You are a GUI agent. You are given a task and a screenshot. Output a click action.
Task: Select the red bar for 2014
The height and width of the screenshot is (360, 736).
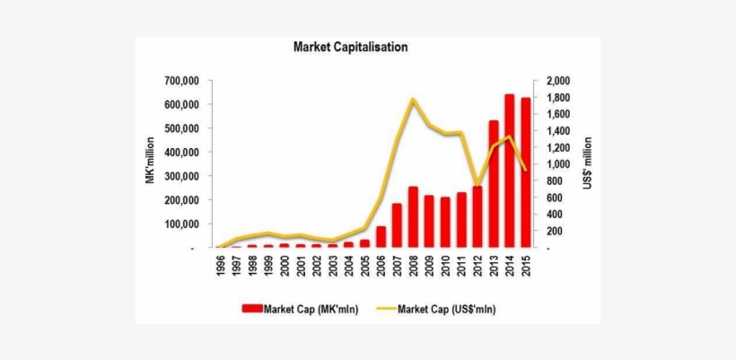click(509, 171)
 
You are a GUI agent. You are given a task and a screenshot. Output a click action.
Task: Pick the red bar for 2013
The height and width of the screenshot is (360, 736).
click(493, 184)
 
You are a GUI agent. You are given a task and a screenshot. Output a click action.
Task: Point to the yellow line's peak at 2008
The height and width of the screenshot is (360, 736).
click(412, 99)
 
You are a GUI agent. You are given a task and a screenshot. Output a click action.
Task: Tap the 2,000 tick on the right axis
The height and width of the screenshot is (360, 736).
click(550, 81)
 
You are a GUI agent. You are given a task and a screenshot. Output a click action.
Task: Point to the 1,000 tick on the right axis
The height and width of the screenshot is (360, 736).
click(550, 164)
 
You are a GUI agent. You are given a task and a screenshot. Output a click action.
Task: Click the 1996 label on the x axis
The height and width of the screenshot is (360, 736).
click(220, 265)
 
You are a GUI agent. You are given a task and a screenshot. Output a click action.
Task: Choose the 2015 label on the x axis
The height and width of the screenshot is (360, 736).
click(525, 265)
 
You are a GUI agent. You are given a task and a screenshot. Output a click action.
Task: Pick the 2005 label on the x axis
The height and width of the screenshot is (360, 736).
click(364, 265)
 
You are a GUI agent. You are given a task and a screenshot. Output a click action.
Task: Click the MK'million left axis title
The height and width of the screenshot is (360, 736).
click(150, 160)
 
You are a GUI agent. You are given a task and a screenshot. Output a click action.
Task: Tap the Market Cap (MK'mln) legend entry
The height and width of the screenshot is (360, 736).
click(297, 308)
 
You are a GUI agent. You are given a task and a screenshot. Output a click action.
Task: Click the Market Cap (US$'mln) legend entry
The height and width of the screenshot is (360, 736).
click(441, 308)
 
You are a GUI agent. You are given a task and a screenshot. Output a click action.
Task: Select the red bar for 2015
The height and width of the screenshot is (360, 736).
click(525, 172)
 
